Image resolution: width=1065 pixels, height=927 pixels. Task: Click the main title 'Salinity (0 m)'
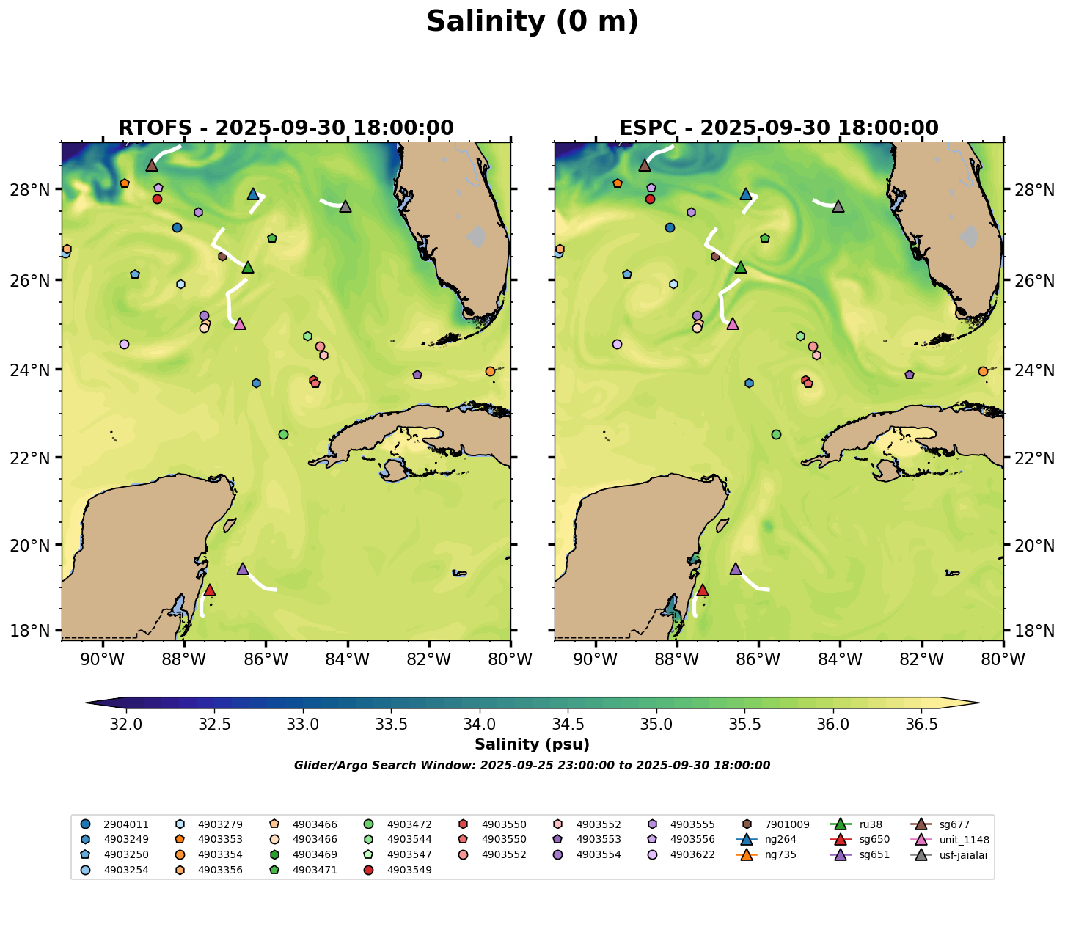(532, 22)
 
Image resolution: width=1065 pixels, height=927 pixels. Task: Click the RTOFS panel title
(285, 128)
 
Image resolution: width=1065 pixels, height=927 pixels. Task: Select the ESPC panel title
(778, 128)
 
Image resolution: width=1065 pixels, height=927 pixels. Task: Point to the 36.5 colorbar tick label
(921, 725)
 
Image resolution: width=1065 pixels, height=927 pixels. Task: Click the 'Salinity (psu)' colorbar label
(532, 745)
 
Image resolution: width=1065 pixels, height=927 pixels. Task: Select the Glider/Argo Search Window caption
(532, 766)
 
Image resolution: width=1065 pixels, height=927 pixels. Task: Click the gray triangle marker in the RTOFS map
(345, 206)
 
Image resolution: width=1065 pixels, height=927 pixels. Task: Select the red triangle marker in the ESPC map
(702, 590)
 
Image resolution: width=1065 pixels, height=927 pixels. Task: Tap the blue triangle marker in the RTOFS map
(253, 194)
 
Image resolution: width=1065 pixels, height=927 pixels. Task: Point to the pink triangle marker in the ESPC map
(732, 323)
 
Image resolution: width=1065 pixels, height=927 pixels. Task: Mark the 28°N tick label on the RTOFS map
(34, 190)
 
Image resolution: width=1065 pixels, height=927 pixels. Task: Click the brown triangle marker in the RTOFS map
(152, 165)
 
